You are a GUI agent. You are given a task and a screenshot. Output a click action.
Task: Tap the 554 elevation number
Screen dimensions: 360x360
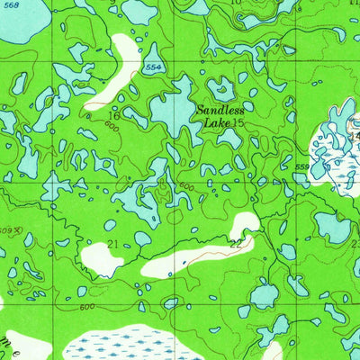coord(153,68)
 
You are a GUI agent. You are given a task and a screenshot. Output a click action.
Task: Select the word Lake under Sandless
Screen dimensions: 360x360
coord(216,121)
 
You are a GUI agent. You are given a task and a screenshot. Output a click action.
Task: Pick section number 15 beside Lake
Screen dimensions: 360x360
coord(238,121)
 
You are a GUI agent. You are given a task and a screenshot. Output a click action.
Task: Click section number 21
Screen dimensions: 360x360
coord(113,245)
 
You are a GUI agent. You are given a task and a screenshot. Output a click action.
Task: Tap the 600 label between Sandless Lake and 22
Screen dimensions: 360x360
coord(187,185)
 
